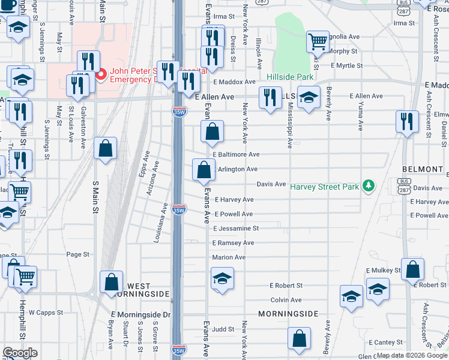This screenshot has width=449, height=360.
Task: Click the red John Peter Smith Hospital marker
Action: pos(101,74)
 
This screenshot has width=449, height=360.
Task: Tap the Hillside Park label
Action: pos(290,77)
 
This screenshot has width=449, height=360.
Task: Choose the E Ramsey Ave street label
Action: pos(233,243)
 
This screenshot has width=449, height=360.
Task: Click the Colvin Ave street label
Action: pos(286,300)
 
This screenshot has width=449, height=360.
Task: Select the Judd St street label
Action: pos(222,329)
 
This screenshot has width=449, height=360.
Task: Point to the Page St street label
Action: pos(77,254)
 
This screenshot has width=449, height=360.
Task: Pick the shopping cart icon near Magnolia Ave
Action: pos(318,41)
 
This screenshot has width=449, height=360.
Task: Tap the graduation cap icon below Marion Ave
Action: pos(222,278)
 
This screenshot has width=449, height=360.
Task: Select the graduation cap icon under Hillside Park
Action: pos(309,98)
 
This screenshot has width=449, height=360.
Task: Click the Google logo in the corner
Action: pos(19,353)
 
